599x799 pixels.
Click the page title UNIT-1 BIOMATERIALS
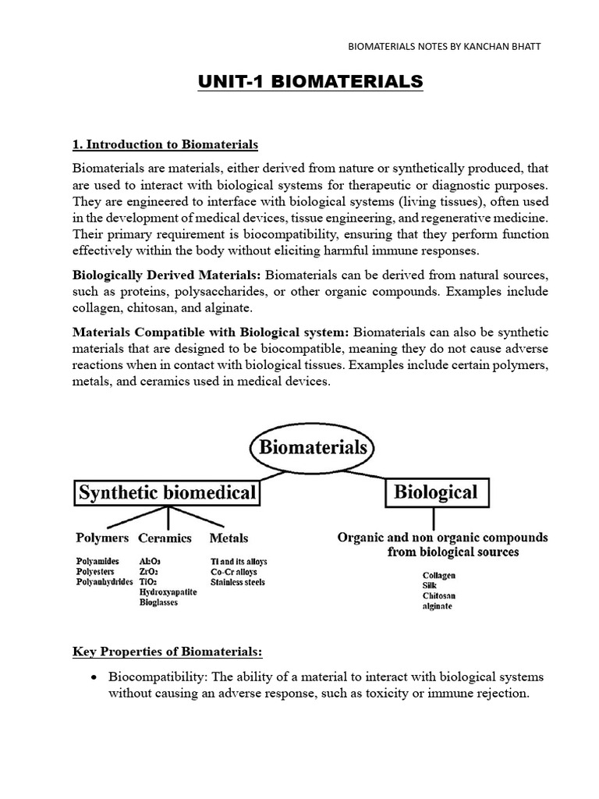click(310, 82)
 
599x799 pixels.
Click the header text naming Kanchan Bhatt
click(444, 47)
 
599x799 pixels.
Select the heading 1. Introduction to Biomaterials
click(165, 145)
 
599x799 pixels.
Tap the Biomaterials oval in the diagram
click(312, 449)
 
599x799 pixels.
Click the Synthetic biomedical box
click(167, 492)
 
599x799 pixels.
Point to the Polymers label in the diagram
click(102, 538)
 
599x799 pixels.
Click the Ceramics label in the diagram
click(165, 538)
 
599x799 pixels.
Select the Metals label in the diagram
click(229, 538)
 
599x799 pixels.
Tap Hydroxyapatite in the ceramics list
click(168, 592)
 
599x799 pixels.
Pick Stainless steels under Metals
click(238, 582)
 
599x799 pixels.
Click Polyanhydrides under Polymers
click(104, 582)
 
